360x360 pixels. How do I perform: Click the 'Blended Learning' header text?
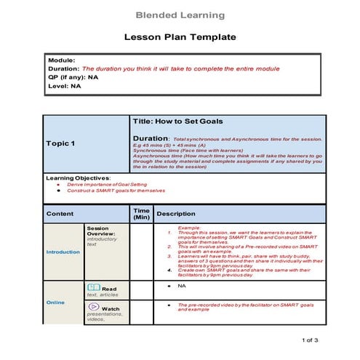[180, 15]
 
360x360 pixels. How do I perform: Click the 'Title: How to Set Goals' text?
[178, 121]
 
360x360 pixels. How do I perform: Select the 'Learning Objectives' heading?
[78, 177]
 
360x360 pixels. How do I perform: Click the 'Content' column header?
[60, 214]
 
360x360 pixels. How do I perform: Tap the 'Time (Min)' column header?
[142, 213]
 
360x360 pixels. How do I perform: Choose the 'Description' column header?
[176, 214]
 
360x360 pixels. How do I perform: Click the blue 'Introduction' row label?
[63, 252]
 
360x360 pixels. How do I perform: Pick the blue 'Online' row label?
[55, 302]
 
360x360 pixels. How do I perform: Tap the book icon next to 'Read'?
[93, 288]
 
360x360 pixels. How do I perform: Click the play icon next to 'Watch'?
[93, 308]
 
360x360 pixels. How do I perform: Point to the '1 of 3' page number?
[309, 340]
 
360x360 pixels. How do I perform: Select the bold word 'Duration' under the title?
[151, 138]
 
